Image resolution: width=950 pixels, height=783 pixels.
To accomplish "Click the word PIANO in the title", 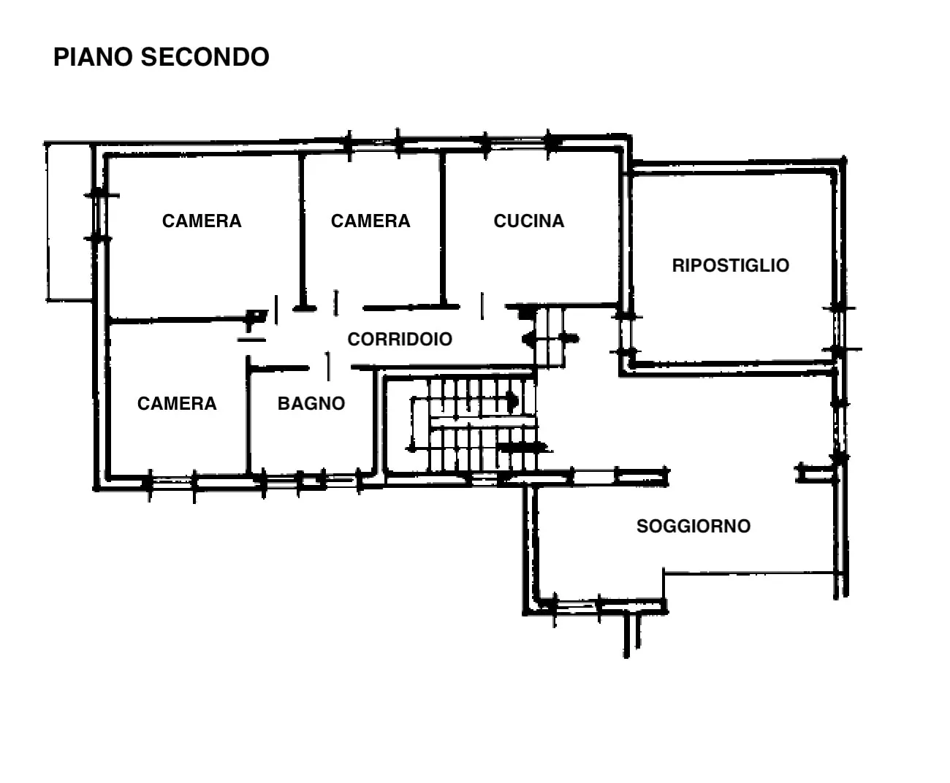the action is [92, 57].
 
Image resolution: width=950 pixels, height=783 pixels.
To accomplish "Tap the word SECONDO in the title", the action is [205, 57].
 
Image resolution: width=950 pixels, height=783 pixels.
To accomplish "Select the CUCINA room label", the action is [528, 221].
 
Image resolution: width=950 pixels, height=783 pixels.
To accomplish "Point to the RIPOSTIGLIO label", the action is [731, 266].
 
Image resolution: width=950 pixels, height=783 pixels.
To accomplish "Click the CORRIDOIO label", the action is [400, 339].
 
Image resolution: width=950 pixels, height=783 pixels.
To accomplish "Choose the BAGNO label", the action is [311, 404].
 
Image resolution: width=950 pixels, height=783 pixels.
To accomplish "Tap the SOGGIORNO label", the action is [693, 526].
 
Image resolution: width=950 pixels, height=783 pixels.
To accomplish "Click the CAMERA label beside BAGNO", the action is [177, 404].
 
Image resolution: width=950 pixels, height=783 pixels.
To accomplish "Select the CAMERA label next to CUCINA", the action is [370, 221].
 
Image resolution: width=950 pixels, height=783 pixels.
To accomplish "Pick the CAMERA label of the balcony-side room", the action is [202, 221].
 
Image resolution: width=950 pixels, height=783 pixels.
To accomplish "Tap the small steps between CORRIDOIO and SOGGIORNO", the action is [550, 337].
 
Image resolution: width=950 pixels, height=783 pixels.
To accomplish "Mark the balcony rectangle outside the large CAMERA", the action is [69, 222].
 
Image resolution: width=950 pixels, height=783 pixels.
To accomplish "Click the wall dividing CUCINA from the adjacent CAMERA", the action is [443, 229].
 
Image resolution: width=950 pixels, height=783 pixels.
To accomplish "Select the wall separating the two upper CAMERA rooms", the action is [302, 232].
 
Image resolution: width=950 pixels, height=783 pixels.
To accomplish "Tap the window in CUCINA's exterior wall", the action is [517, 144].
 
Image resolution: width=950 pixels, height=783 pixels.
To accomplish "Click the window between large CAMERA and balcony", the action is [99, 217].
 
